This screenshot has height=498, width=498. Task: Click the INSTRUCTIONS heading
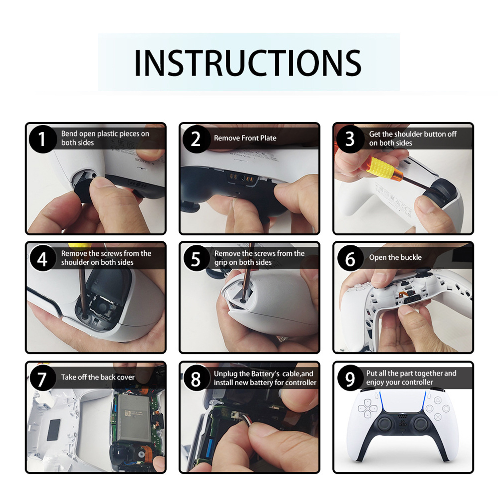coord(248,63)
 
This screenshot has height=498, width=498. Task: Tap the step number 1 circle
coord(42,139)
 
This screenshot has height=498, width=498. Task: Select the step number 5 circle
coord(196,259)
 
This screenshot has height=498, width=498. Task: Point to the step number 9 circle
coord(350,378)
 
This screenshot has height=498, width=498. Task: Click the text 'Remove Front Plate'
coord(245,138)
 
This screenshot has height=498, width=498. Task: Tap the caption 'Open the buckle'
coord(395,257)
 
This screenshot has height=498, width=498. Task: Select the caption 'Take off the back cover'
coord(98,377)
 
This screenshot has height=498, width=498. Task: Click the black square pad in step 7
coord(54,430)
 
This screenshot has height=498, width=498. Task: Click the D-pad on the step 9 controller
coord(367,408)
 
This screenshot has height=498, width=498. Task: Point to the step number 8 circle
coord(196,378)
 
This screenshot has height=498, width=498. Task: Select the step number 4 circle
coord(42,259)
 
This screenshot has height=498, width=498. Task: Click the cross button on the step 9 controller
coord(438,417)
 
